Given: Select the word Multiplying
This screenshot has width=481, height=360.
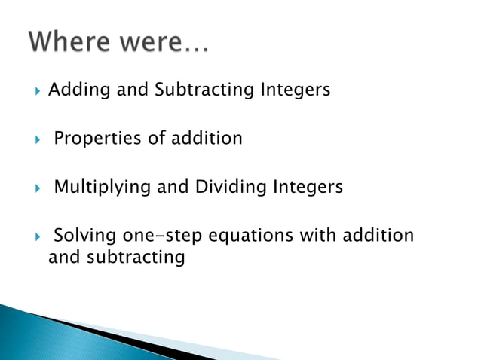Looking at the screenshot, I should (103, 187).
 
